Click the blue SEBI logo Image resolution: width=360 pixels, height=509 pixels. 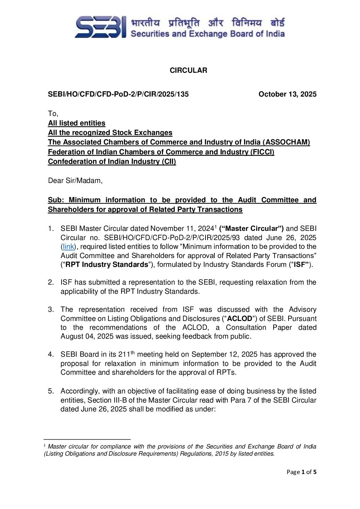click(100, 27)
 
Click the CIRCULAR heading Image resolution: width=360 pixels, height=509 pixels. click(188, 70)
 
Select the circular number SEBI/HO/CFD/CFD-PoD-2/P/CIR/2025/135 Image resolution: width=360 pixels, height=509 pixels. click(118, 94)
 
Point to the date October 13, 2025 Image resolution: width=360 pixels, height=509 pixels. click(287, 94)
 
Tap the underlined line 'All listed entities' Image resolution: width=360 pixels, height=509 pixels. click(77, 123)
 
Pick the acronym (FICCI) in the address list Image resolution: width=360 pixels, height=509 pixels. click(262, 152)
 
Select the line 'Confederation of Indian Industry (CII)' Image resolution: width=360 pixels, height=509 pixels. click(112, 162)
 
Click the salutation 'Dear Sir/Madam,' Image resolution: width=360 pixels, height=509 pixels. click(75, 181)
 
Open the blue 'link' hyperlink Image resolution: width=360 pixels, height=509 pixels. click(68, 247)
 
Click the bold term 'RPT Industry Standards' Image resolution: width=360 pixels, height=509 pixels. click(107, 265)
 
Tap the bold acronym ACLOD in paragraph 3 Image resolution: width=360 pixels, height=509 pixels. click(240, 319)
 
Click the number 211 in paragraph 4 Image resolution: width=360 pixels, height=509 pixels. click(124, 355)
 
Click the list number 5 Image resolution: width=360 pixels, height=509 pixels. click(51, 391)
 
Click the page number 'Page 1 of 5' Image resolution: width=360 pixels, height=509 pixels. click(301, 472)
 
